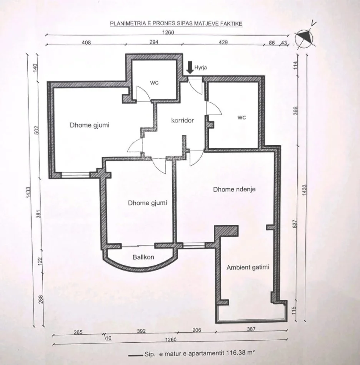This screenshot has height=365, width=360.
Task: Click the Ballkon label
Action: click(x=143, y=257)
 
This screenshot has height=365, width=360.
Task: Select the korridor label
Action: click(x=182, y=120)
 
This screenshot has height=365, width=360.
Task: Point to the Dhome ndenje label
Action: click(x=234, y=189)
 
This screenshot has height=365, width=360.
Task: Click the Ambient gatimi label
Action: click(x=248, y=267)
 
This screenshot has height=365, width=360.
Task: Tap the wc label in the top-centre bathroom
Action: click(x=154, y=83)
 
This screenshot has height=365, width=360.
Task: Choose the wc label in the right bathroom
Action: click(x=242, y=117)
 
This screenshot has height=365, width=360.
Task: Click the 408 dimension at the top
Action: click(x=86, y=42)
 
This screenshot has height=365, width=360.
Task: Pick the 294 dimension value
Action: click(x=154, y=42)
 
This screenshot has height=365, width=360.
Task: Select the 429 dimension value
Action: click(x=223, y=42)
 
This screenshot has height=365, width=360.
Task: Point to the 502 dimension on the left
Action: click(x=37, y=130)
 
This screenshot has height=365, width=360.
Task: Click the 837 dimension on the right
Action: click(x=295, y=224)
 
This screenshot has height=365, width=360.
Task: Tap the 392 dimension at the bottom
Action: click(x=141, y=331)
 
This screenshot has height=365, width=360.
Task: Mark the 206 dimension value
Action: click(x=197, y=330)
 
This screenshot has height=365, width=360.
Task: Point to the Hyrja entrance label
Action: click(x=200, y=68)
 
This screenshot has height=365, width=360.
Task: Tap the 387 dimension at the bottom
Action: click(x=251, y=329)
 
